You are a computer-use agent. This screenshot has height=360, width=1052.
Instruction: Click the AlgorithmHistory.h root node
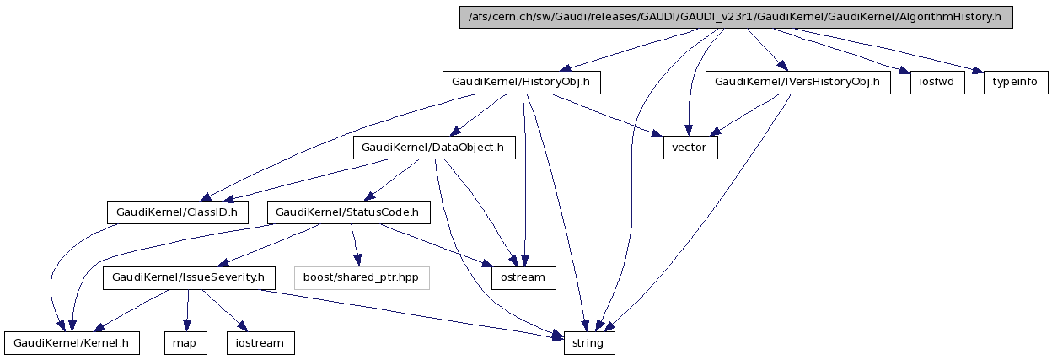(735, 18)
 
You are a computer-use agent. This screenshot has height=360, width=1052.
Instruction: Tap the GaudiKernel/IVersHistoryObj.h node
(797, 83)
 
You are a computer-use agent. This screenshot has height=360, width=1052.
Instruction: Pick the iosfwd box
(937, 83)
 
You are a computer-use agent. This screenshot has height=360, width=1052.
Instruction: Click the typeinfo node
(1016, 83)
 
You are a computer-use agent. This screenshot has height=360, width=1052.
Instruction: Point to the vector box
(690, 148)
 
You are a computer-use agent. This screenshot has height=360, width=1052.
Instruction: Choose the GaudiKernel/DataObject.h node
(432, 148)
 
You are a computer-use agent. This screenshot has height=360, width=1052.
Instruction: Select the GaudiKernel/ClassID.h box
(178, 212)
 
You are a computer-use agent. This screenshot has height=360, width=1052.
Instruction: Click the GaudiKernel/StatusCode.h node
(348, 212)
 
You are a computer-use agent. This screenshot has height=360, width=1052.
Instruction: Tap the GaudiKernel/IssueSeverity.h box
(188, 277)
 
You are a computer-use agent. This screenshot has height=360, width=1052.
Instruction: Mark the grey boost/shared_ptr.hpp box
(362, 277)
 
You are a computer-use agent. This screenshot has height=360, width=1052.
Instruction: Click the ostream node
(523, 277)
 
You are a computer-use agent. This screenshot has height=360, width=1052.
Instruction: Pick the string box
(588, 343)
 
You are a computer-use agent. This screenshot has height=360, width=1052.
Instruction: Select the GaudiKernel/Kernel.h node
(72, 343)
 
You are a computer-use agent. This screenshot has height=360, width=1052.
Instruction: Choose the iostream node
(260, 343)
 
